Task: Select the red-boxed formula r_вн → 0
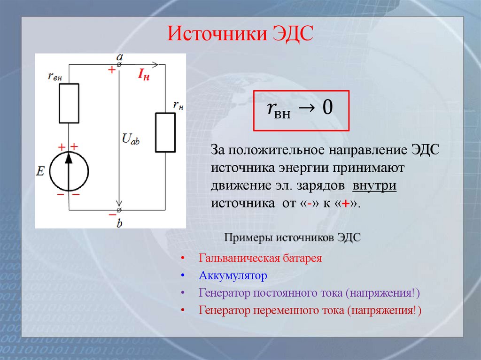[x=301, y=110]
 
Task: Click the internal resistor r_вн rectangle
[x=69, y=103]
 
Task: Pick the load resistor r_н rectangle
[x=165, y=132]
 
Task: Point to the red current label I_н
[x=144, y=75]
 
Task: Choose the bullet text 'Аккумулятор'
[x=233, y=276]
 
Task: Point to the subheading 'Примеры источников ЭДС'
[x=292, y=237]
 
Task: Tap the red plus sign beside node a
[x=111, y=70]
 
